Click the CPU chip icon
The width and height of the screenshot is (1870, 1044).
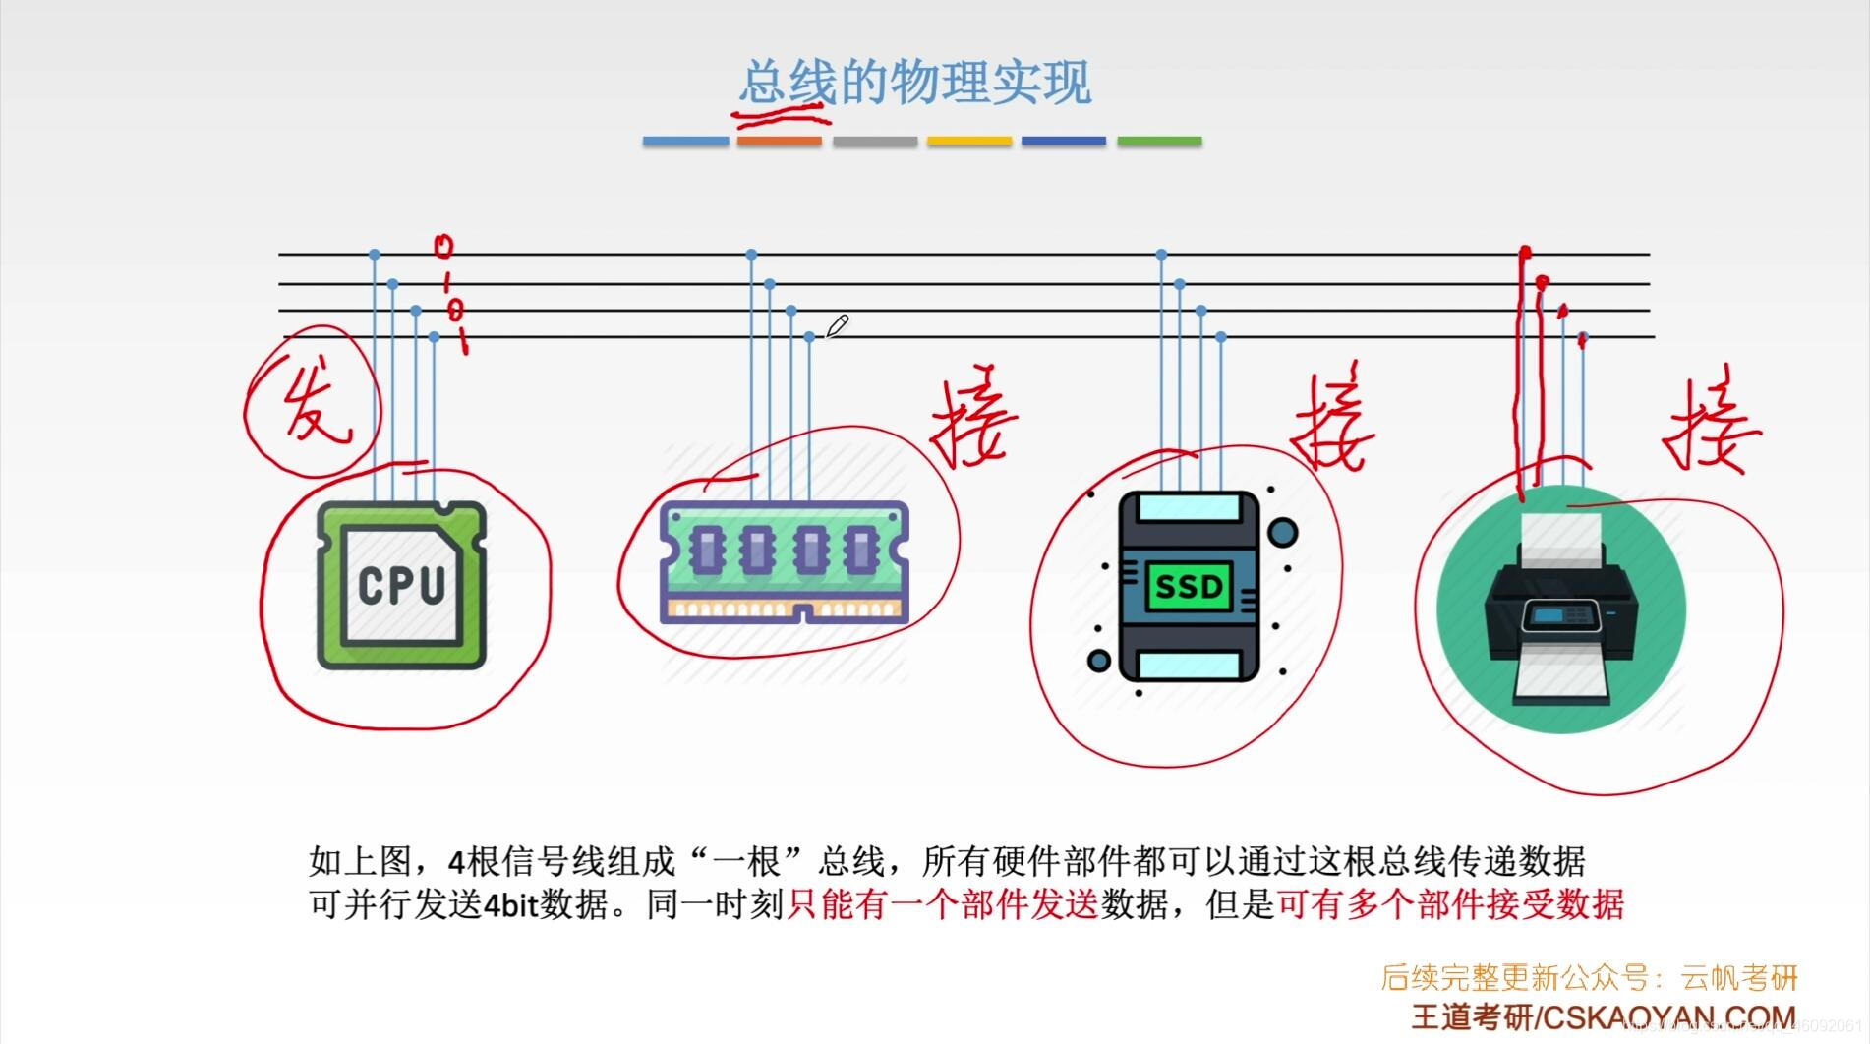click(x=401, y=586)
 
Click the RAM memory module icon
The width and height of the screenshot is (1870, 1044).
click(x=784, y=561)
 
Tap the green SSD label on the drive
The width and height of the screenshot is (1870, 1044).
click(x=1188, y=587)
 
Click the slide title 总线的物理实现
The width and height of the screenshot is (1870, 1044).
click(x=914, y=83)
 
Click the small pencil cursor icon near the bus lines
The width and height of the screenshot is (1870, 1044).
click(x=837, y=326)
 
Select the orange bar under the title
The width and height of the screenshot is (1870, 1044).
click(x=779, y=142)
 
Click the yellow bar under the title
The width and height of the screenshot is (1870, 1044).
click(x=968, y=142)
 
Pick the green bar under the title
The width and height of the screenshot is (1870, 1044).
click(x=1159, y=142)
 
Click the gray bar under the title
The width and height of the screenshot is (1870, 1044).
click(x=874, y=142)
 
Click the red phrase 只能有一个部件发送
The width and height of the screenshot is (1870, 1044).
click(x=942, y=903)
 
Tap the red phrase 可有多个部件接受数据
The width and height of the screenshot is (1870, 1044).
click(x=1450, y=903)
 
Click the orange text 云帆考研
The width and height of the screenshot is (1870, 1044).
click(x=1739, y=977)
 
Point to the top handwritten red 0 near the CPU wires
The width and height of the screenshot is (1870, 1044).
click(x=443, y=246)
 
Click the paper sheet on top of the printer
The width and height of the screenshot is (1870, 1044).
click(x=1560, y=537)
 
